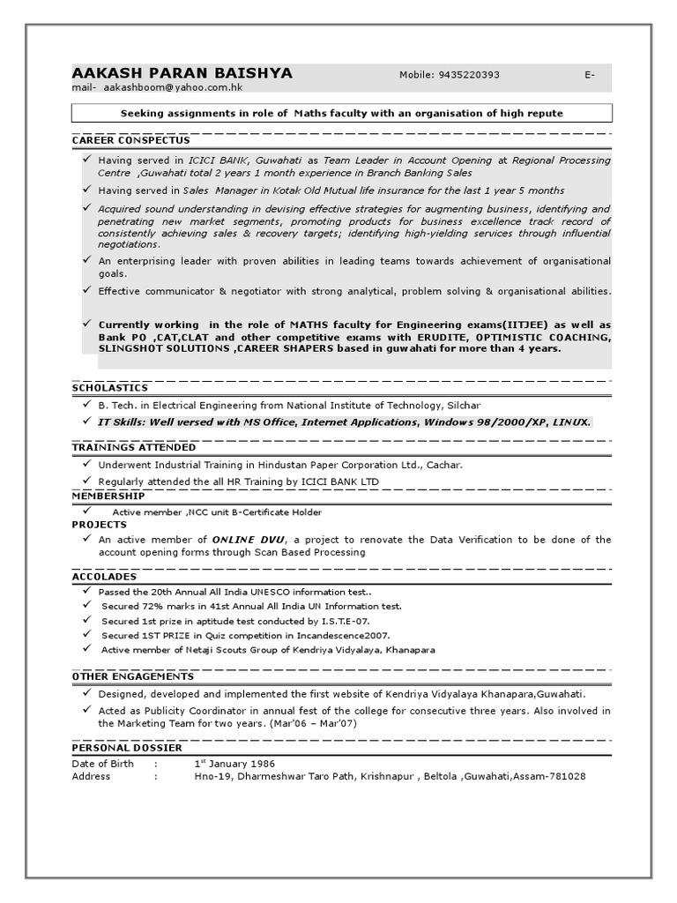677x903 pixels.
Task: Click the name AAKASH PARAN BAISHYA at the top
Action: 182,73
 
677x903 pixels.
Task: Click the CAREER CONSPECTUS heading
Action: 130,140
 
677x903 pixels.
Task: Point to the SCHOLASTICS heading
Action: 109,388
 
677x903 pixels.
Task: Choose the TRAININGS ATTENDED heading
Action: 134,448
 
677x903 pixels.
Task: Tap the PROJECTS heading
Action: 99,525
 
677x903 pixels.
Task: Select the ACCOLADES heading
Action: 104,577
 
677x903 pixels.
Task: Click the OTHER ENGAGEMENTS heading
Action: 133,676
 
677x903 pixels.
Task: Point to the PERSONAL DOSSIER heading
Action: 127,748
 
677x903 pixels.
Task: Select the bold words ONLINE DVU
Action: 248,539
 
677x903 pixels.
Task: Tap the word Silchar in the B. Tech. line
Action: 462,406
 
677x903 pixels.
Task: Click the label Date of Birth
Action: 102,763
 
